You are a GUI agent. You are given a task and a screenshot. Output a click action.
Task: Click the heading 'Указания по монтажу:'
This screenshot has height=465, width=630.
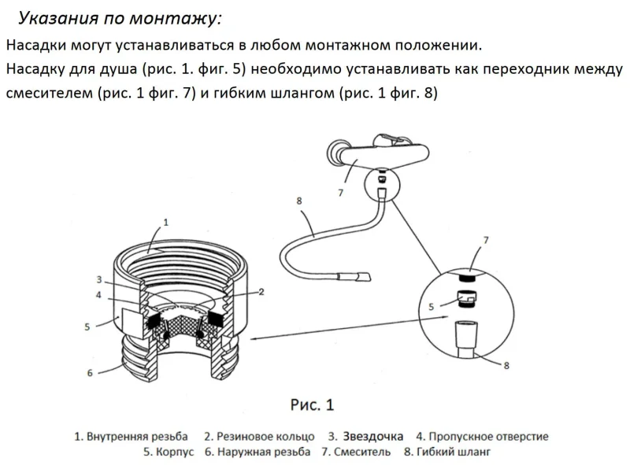click(x=120, y=18)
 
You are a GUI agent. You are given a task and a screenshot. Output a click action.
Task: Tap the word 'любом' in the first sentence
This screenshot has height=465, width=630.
click(x=275, y=45)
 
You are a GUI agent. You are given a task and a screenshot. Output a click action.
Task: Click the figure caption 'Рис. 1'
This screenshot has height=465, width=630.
click(x=312, y=404)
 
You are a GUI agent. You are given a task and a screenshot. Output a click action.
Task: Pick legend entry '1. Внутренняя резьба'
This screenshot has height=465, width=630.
click(x=131, y=437)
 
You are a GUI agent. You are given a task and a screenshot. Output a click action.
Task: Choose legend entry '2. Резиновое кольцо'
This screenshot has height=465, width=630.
click(x=259, y=437)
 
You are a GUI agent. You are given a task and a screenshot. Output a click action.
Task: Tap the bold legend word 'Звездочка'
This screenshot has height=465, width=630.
click(x=372, y=437)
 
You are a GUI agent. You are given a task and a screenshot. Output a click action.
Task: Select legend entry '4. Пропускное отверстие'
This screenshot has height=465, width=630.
click(x=482, y=437)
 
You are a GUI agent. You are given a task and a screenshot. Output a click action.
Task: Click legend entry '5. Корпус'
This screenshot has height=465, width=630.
click(x=169, y=452)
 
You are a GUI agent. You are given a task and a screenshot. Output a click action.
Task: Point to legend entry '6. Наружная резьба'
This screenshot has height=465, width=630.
click(x=258, y=452)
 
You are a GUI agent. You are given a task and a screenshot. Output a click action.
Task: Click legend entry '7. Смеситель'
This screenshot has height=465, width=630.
click(x=356, y=452)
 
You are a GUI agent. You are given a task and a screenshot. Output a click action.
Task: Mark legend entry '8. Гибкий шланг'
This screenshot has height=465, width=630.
click(x=447, y=452)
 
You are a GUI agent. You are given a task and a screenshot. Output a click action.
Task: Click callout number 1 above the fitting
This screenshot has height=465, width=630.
click(x=165, y=222)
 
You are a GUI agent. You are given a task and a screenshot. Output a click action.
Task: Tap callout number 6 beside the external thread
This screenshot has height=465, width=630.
click(x=90, y=373)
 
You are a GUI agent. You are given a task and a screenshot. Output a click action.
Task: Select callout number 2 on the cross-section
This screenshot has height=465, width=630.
click(x=261, y=292)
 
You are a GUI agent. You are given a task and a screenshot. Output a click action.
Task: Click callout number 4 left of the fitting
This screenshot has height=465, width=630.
click(x=98, y=295)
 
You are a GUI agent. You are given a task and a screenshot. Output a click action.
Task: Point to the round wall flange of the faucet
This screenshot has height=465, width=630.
click(x=337, y=151)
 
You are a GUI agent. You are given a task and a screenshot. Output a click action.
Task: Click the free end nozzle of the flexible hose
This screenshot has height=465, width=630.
click(x=363, y=277)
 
